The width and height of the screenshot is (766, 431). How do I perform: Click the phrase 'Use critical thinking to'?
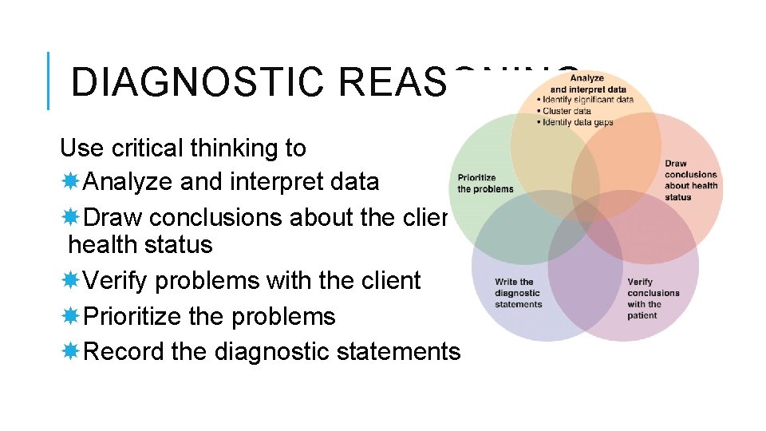pos(183,148)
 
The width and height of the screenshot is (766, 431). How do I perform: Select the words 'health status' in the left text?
pos(140,244)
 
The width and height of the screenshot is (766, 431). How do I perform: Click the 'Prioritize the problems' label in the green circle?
pos(485,184)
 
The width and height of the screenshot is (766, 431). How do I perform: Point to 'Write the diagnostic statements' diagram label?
pos(518,293)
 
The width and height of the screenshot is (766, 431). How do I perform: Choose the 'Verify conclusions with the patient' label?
pos(653,299)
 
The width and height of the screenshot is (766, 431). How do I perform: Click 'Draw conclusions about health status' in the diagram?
pos(690,180)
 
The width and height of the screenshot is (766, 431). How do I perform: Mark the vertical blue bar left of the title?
pos(49,81)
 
